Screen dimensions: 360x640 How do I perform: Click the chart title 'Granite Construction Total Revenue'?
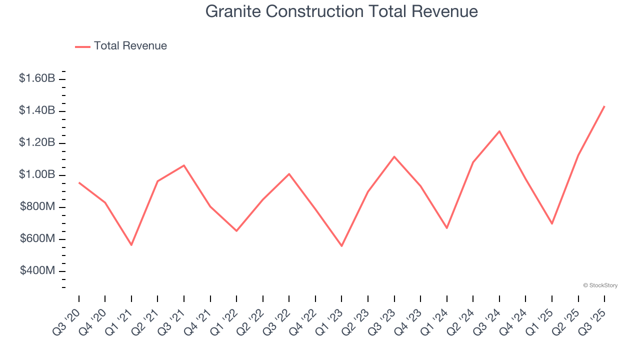pos(341,11)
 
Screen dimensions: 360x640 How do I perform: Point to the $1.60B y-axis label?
pos(37,78)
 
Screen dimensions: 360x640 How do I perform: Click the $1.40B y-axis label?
pos(37,110)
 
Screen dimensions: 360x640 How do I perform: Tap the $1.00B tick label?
pos(37,174)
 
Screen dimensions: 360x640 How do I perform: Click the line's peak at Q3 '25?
pos(604,106)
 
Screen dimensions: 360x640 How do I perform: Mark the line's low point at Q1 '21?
pos(131,245)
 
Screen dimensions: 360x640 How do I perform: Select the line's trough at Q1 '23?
pos(341,246)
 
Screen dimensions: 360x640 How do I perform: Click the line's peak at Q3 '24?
pos(499,131)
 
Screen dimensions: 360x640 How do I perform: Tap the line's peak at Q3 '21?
pos(184,165)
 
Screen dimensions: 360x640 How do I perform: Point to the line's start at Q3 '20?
pos(79,182)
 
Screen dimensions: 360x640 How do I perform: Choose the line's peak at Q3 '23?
pos(394,156)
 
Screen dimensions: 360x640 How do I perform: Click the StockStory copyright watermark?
pos(600,285)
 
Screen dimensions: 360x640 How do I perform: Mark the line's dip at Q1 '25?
pos(552,223)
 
